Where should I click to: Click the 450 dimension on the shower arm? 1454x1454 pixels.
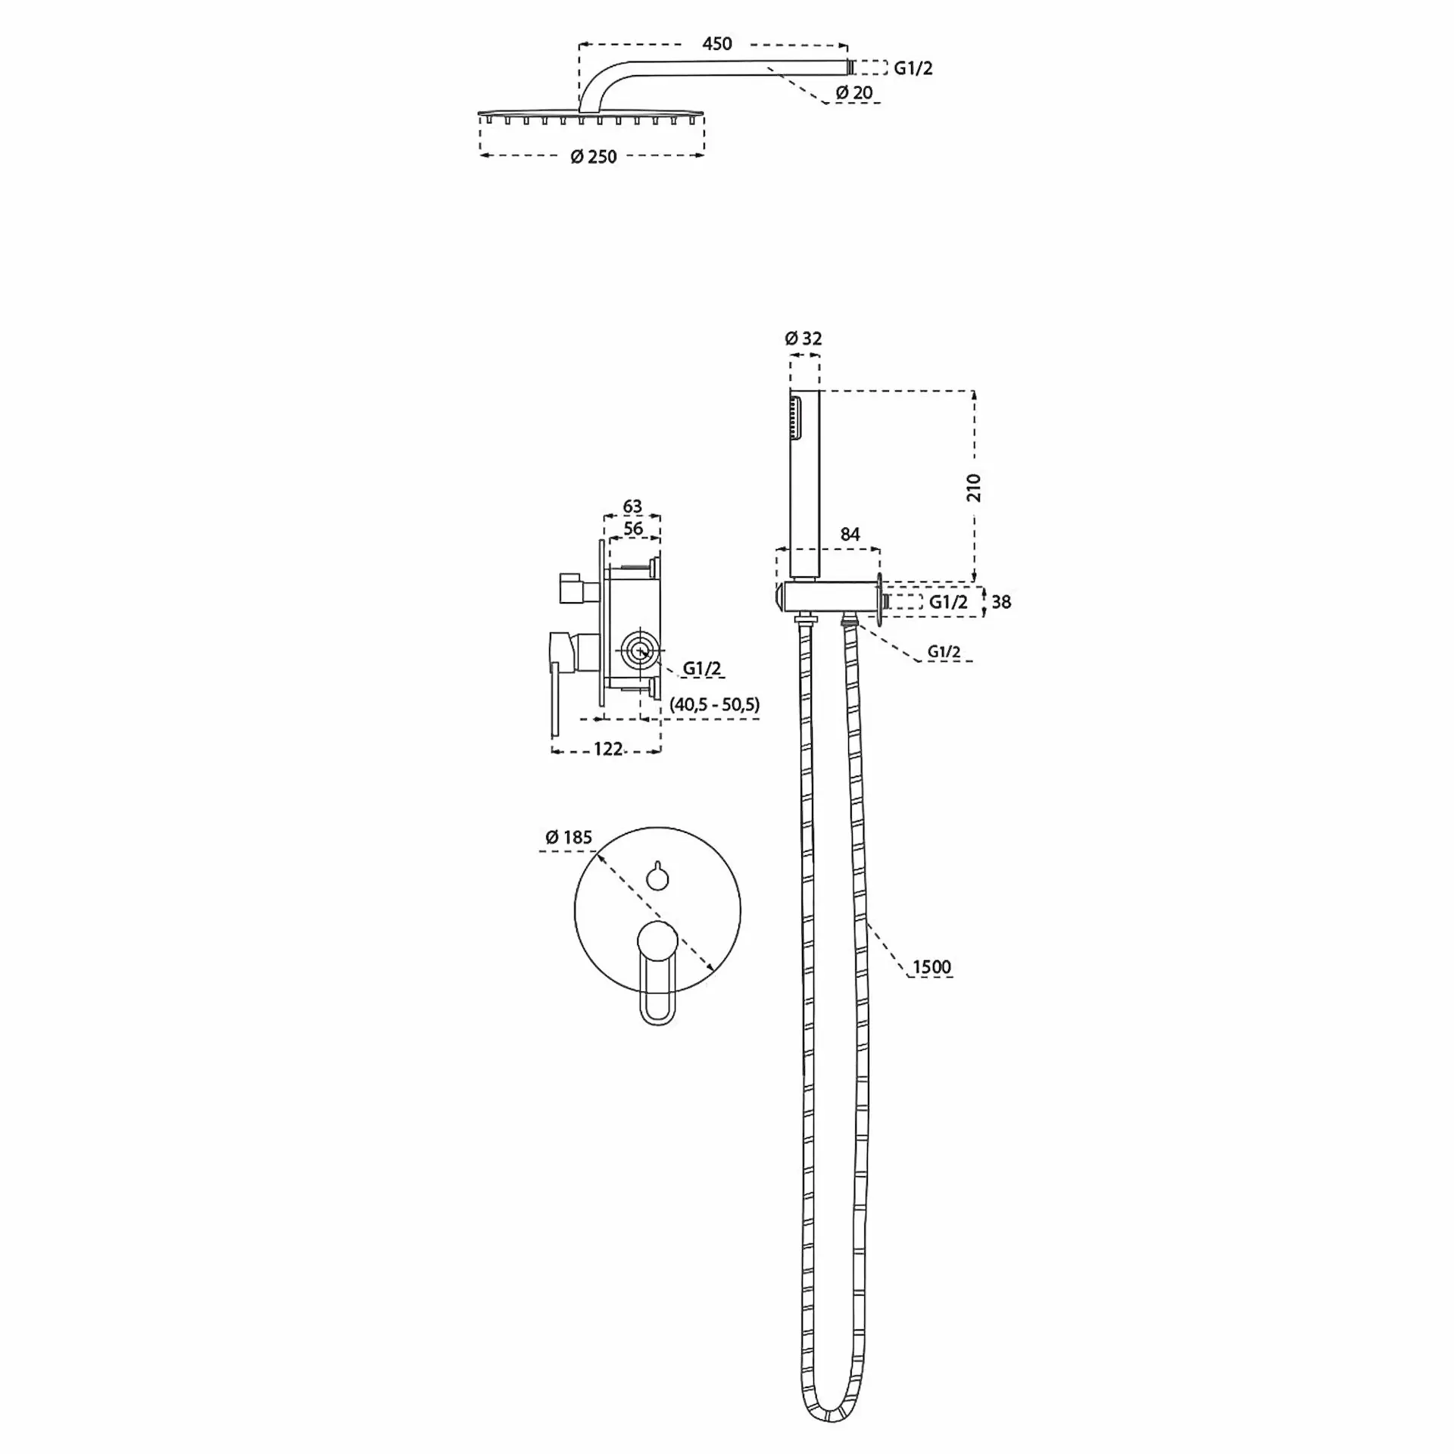click(716, 44)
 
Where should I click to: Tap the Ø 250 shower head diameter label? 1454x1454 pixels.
click(594, 157)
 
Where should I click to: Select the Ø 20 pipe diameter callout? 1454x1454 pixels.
click(854, 92)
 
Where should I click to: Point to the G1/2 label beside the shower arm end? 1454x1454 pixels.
click(913, 68)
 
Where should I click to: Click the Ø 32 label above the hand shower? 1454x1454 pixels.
click(803, 338)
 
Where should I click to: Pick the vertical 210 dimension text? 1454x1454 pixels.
click(974, 487)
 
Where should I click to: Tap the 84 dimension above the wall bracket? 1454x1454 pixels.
click(850, 534)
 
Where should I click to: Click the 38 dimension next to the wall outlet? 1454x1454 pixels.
click(1001, 602)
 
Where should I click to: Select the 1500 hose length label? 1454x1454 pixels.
click(931, 967)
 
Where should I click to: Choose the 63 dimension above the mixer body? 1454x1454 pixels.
click(632, 506)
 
